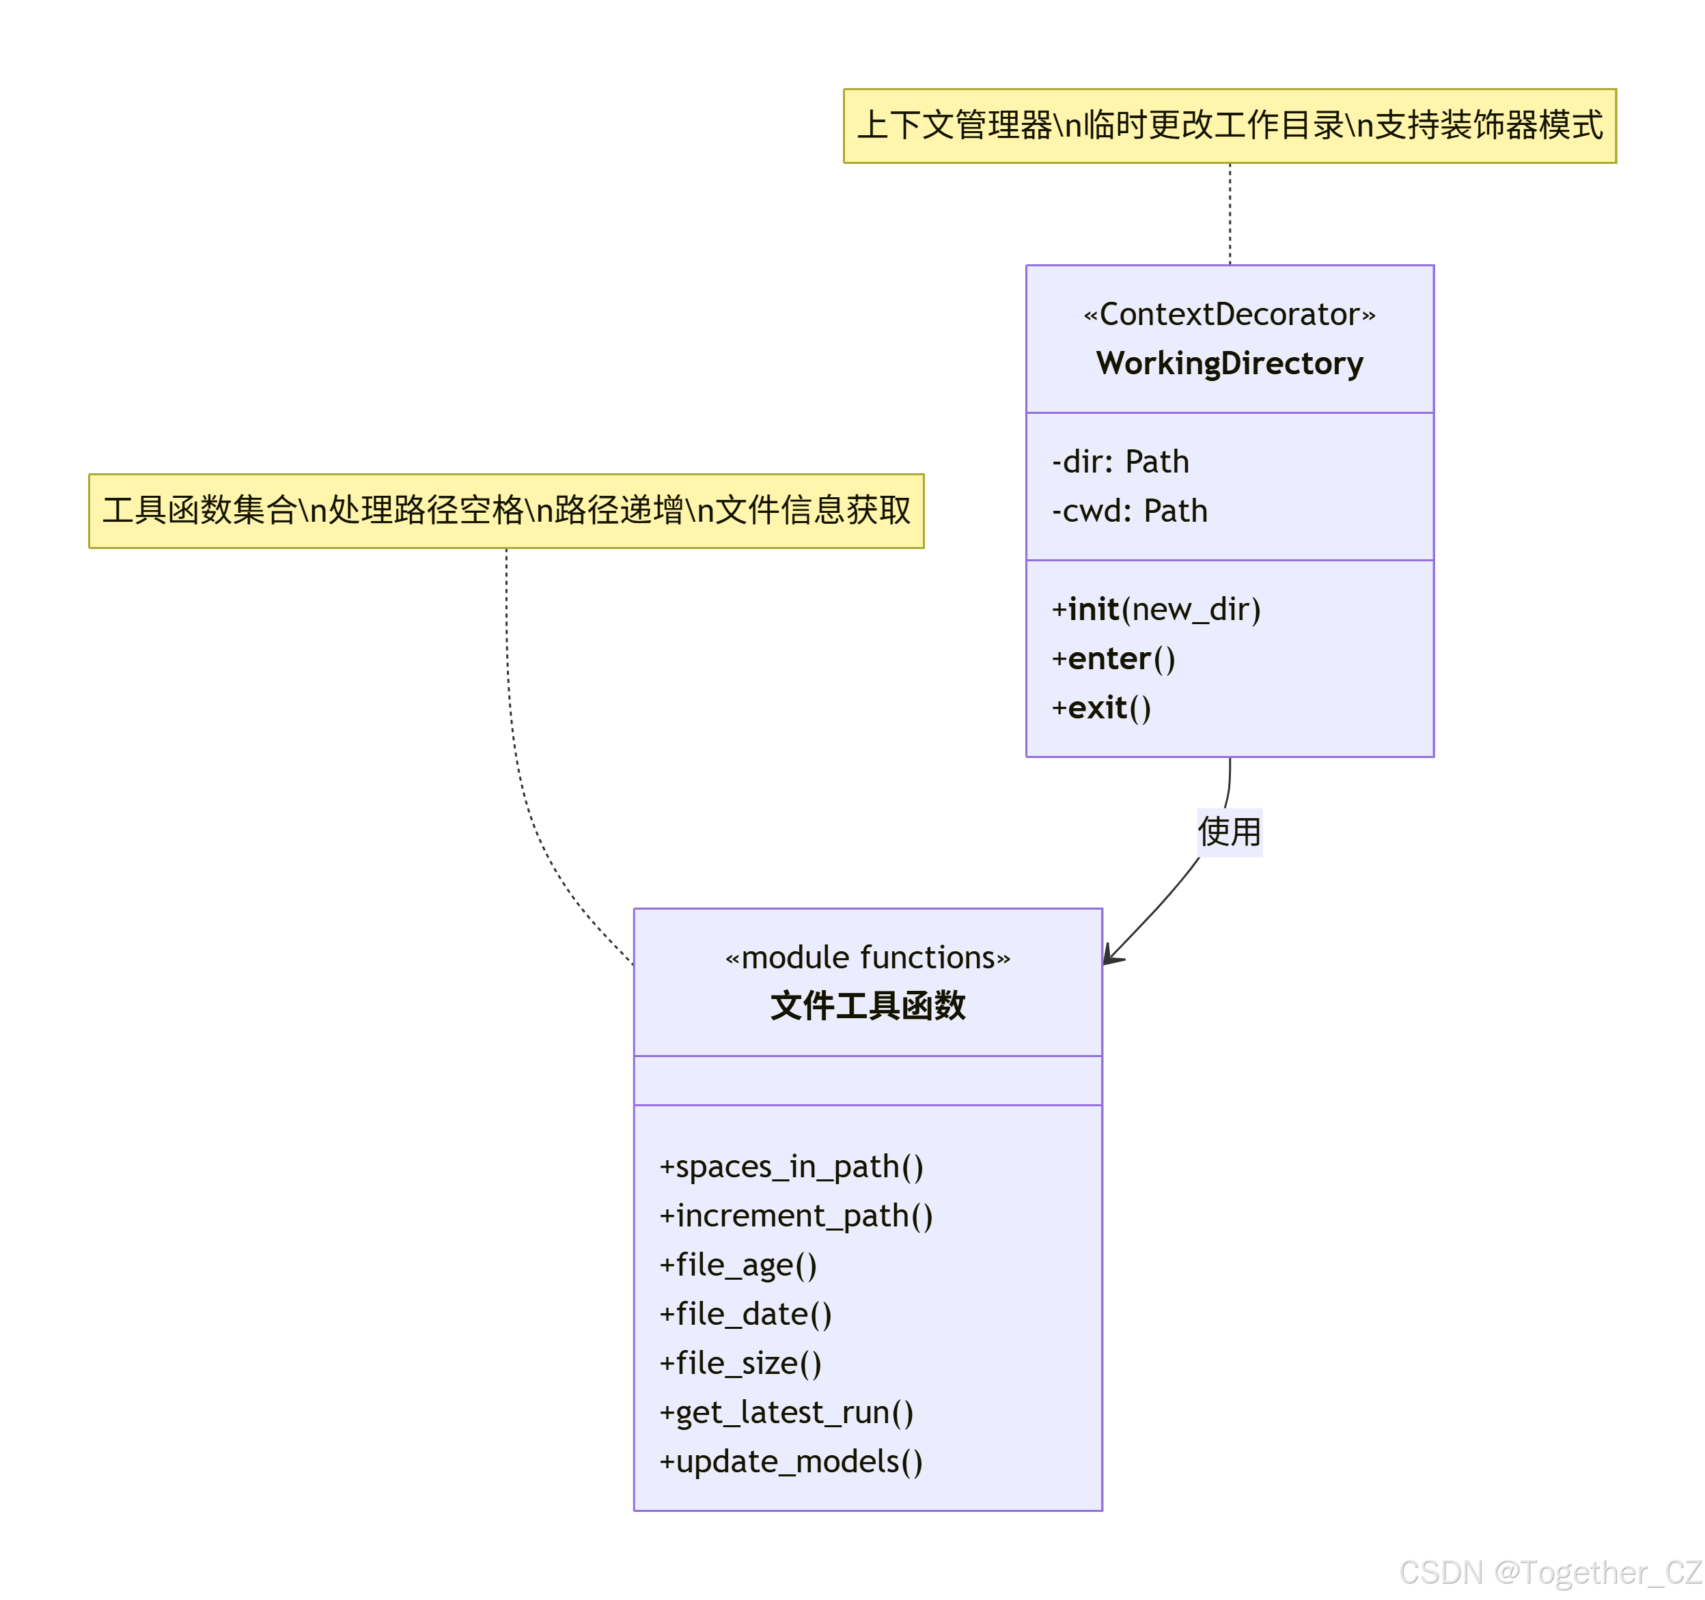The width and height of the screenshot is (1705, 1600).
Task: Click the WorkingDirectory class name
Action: coord(1229,363)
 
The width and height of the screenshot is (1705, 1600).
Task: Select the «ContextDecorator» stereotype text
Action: coord(1229,315)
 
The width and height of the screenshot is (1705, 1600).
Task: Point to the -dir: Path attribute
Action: coord(1120,462)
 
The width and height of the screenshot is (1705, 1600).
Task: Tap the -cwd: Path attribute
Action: coord(1130,511)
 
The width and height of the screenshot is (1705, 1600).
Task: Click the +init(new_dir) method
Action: coord(1156,610)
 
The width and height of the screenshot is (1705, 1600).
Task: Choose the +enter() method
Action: coord(1113,658)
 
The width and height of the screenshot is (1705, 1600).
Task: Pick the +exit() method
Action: coord(1101,708)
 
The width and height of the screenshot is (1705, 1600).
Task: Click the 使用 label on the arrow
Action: coord(1229,832)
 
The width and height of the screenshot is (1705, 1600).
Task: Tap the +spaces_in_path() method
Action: coord(791,1167)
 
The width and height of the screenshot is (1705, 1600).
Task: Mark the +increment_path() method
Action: coord(795,1216)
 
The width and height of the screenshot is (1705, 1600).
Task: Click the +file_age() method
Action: coord(738,1265)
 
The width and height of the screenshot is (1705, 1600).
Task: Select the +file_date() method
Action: coord(745,1315)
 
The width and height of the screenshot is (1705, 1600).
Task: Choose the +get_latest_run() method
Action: coord(786,1412)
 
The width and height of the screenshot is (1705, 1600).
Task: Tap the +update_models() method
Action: coord(791,1462)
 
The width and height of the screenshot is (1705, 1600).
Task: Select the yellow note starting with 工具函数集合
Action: coord(506,511)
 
